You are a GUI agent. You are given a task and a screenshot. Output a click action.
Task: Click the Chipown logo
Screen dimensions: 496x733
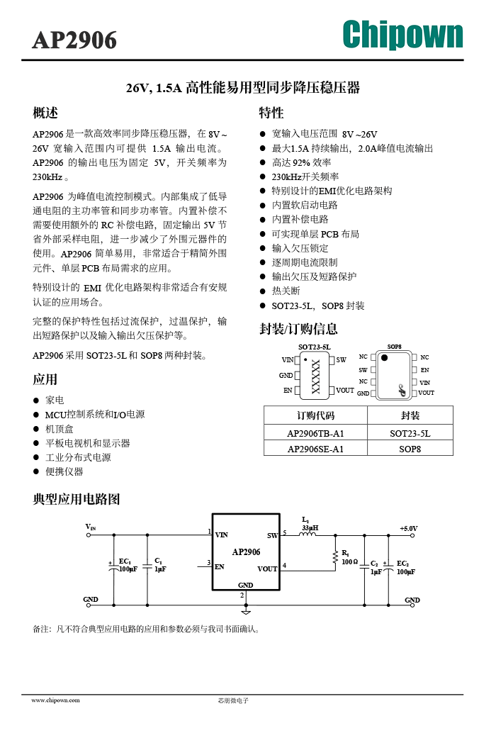(402, 34)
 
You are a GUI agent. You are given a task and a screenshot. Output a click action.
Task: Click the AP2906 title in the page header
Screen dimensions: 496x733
(74, 40)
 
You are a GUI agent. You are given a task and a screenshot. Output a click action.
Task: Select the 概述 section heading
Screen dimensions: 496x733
(45, 113)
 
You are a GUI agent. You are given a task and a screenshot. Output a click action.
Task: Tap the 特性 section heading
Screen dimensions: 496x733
(271, 113)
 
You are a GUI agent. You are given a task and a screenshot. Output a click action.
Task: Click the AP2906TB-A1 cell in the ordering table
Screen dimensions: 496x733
(315, 433)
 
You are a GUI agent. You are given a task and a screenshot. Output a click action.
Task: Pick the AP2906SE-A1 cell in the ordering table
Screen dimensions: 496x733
(315, 449)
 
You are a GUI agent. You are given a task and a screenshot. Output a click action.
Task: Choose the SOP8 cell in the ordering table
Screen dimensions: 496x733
(410, 449)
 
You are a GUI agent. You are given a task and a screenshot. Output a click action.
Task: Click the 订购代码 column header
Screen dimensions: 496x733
(316, 415)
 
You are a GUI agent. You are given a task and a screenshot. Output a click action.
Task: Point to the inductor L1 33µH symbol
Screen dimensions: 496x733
(308, 534)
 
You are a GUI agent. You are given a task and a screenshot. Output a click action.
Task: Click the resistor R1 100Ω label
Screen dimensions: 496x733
(349, 558)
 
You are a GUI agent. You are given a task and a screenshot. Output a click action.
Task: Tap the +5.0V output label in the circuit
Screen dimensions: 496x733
(408, 528)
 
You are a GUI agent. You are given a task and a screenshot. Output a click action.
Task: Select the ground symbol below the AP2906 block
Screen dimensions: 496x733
(246, 611)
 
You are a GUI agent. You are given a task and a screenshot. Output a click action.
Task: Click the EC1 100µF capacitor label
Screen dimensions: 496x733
(128, 565)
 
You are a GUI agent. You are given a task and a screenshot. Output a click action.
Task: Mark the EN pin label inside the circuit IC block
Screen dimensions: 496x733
(220, 566)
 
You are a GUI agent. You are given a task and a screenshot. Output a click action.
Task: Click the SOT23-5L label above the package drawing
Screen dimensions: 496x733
(315, 347)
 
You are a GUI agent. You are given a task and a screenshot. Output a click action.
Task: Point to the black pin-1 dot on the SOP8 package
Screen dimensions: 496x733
(384, 357)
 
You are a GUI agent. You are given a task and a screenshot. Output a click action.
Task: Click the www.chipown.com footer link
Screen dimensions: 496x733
(55, 700)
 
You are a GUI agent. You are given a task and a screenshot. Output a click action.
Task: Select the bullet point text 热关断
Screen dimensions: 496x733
(286, 291)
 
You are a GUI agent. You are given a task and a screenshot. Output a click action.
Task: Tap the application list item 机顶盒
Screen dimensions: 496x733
(60, 429)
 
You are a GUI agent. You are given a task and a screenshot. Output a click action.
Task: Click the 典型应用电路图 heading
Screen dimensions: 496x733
(76, 499)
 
